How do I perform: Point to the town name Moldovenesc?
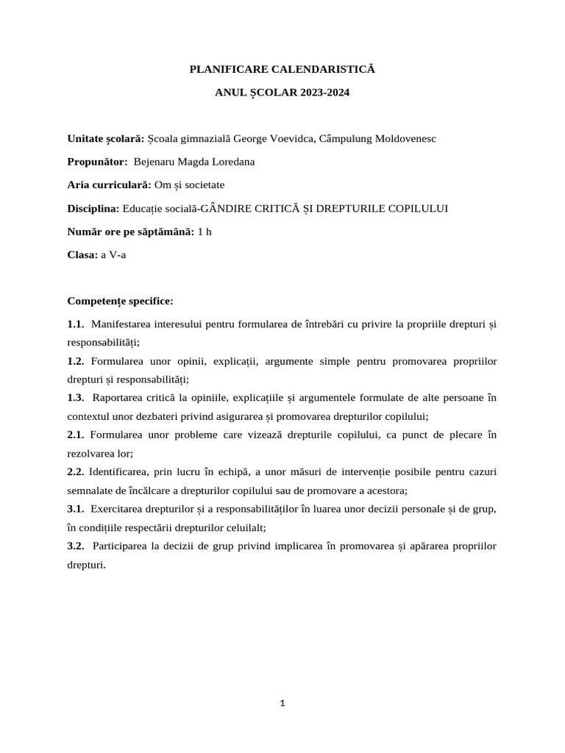[x=406, y=138]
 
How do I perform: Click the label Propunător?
[x=97, y=162]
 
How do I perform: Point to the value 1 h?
[x=205, y=232]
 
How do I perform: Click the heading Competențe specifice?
[x=121, y=301]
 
